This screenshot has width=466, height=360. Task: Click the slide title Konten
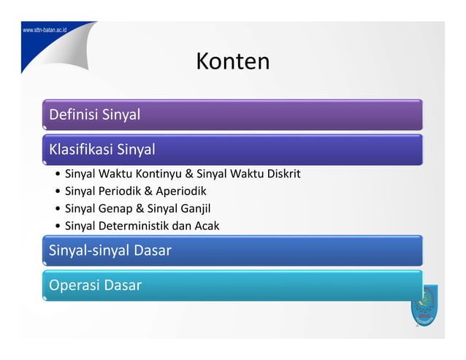(x=232, y=61)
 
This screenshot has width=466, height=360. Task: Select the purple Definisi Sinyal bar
(x=232, y=115)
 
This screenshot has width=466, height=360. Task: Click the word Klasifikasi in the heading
(x=80, y=150)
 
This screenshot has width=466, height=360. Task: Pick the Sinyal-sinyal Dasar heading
(x=110, y=250)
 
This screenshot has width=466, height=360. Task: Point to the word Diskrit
(x=282, y=175)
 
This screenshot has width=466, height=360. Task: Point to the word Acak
(x=205, y=226)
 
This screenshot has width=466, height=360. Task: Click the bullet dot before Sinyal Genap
(x=58, y=209)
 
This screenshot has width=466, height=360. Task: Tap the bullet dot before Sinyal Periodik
(x=58, y=191)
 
